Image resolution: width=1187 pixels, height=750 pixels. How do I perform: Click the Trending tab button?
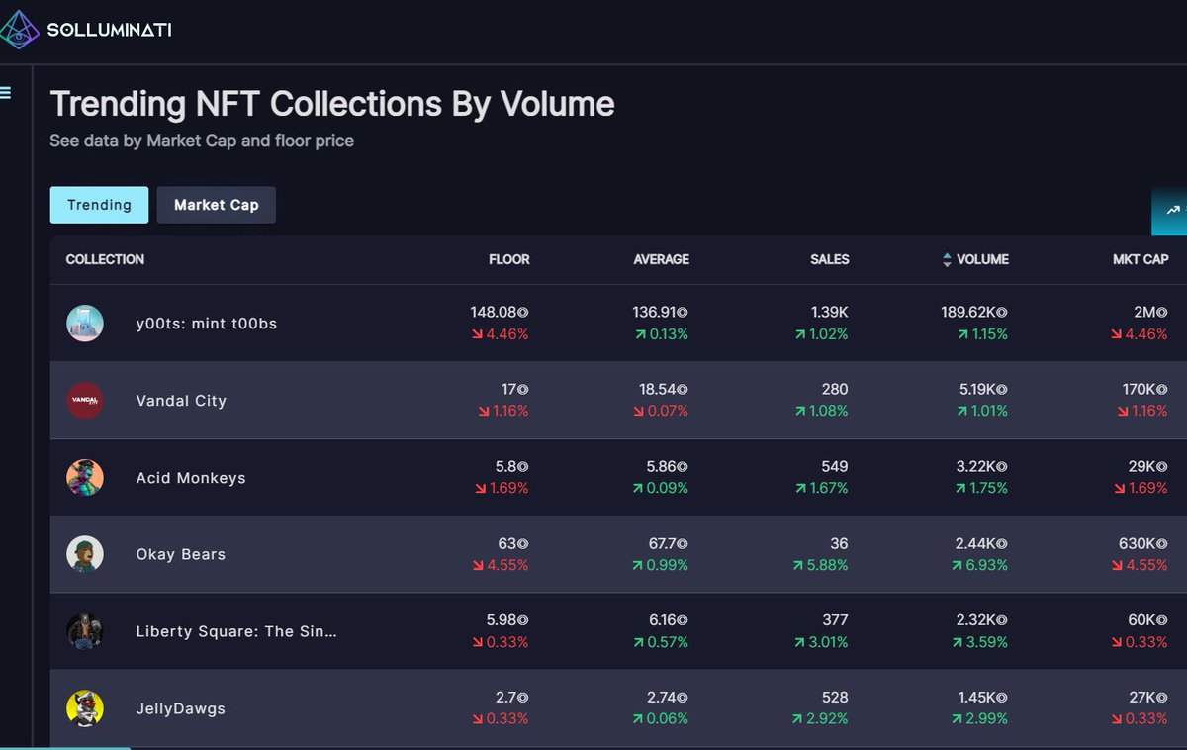[99, 205]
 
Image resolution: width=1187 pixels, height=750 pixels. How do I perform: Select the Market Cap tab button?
[217, 205]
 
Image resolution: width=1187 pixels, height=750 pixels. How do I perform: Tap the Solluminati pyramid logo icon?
[19, 30]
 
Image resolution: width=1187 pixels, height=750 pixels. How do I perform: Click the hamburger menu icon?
[5, 93]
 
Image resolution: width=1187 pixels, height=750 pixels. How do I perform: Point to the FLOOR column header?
[508, 259]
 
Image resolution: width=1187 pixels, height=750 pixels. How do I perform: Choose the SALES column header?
[829, 259]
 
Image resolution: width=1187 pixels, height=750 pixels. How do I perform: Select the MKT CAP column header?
[1141, 259]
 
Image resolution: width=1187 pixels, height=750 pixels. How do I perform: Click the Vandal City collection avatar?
[85, 400]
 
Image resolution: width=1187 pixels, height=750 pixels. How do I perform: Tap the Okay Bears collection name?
[181, 554]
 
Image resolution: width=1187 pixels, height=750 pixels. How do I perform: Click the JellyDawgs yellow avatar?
[85, 708]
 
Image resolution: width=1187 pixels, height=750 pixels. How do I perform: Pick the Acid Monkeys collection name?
[191, 478]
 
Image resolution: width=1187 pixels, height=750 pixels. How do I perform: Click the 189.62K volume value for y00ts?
[974, 312]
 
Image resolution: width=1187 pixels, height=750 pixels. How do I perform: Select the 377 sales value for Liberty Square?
[835, 619]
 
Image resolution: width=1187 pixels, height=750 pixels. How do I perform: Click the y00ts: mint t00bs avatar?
[85, 324]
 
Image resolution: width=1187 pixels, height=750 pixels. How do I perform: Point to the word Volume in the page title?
[558, 103]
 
